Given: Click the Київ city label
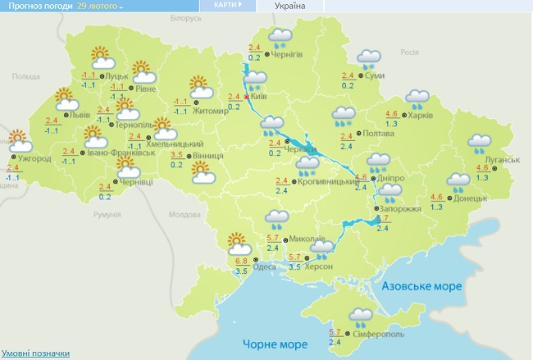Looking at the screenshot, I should pos(259,97).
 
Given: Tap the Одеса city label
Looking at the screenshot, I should pos(265,266).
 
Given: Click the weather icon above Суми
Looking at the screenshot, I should pos(367,59).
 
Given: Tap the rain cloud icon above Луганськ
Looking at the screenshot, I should pos(479,145).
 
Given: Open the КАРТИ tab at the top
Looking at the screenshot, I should pos(225,5).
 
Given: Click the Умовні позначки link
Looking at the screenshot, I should pos(34,353).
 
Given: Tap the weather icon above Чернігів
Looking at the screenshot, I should pos(281,36).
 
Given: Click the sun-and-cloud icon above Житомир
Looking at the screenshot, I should pos(199,84).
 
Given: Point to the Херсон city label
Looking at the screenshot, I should pos(318,267).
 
